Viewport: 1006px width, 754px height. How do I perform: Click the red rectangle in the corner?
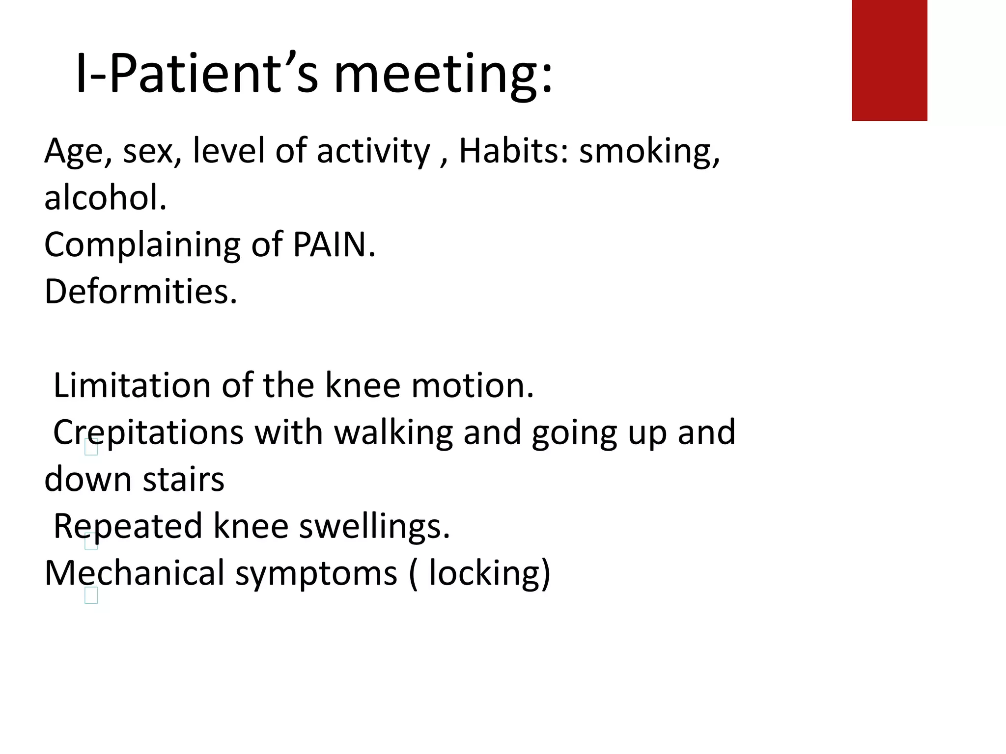click(x=889, y=60)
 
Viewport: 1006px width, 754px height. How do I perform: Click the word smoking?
click(x=648, y=151)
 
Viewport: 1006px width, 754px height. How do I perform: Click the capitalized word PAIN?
click(x=334, y=244)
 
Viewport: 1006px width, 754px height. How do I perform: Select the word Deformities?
click(x=140, y=292)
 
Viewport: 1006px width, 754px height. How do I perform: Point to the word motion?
click(x=472, y=385)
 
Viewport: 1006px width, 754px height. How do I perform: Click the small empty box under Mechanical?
click(x=91, y=595)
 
